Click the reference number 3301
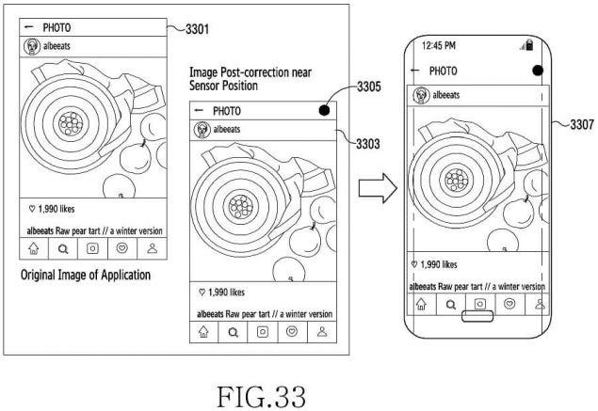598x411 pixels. click(x=197, y=29)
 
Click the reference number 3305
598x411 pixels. click(x=369, y=87)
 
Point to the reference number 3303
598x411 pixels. click(x=368, y=144)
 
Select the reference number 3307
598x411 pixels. click(x=582, y=124)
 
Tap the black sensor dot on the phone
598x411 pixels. click(x=538, y=71)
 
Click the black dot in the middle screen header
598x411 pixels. click(x=324, y=110)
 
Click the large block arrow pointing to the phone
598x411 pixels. click(x=378, y=188)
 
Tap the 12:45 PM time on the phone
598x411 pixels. click(x=439, y=46)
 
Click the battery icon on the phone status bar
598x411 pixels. click(x=528, y=44)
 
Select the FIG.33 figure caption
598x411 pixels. click(x=261, y=397)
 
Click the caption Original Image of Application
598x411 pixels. click(x=86, y=275)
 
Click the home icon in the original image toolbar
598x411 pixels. click(x=34, y=248)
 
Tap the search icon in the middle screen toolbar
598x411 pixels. click(x=233, y=333)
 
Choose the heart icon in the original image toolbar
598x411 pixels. click(x=122, y=248)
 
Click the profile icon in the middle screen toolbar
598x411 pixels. click(x=322, y=332)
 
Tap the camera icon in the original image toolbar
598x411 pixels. click(x=92, y=248)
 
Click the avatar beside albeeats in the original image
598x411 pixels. click(x=32, y=46)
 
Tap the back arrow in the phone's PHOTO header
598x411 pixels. click(x=415, y=71)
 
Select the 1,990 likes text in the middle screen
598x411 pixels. click(x=222, y=292)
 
